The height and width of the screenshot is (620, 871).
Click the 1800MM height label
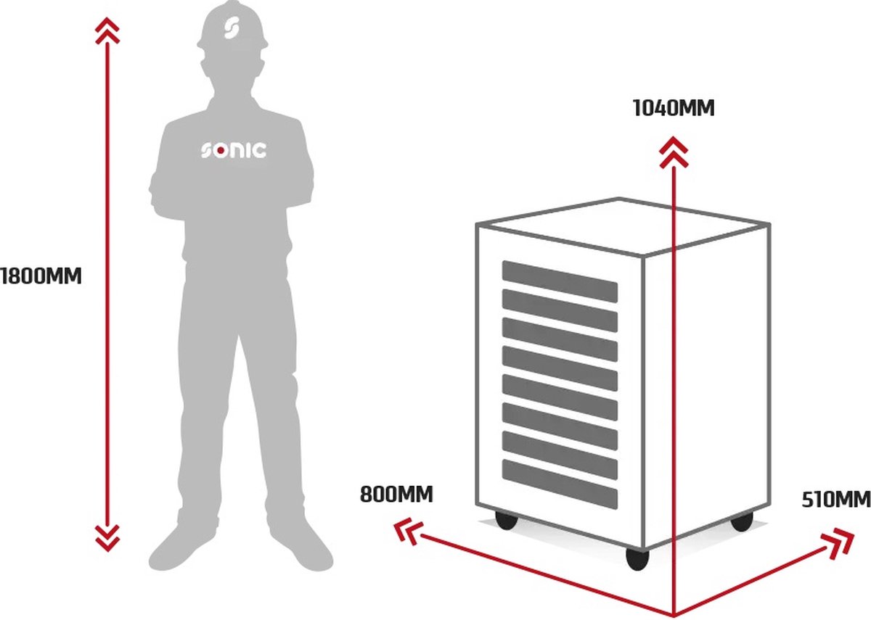41,276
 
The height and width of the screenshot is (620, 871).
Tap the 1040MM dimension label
674,109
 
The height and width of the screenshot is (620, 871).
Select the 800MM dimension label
396,495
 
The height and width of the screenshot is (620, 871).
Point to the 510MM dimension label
835,500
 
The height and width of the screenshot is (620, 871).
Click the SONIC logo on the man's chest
233,151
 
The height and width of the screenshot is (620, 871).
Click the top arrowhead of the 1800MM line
107,29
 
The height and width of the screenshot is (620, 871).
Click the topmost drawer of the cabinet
560,281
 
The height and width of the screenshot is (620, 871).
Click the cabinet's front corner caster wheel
637,558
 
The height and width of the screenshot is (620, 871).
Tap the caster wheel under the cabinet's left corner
505,520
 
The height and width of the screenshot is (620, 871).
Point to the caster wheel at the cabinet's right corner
741,521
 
